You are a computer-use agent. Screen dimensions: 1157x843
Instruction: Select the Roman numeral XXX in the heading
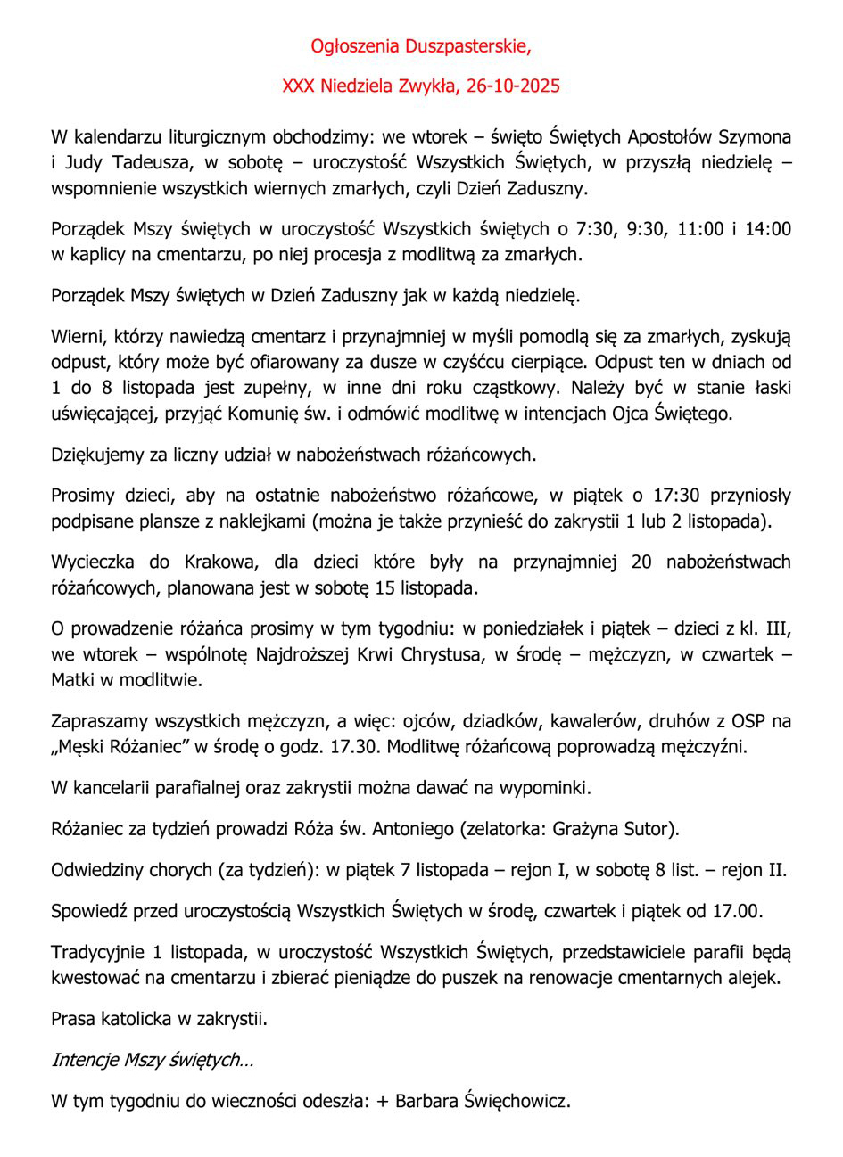[298, 86]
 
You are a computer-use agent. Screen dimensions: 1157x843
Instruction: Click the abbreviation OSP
[751, 720]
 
